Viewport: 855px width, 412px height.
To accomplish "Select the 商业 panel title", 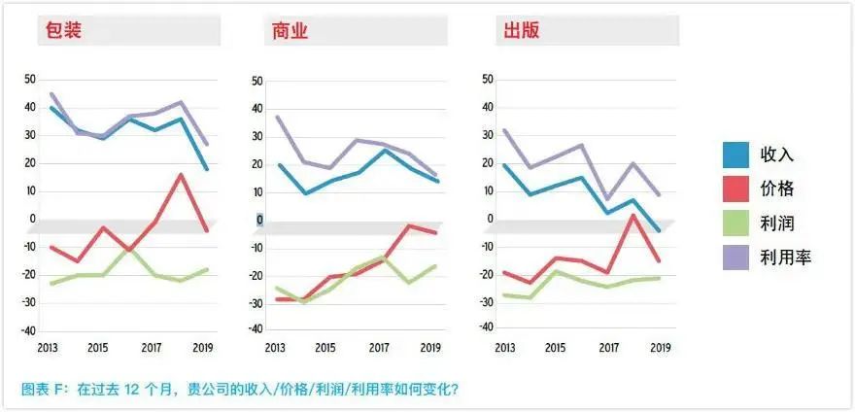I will [x=289, y=30].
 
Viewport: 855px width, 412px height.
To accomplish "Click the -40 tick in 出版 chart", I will [x=488, y=331].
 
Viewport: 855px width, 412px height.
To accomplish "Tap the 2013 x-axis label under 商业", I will [x=275, y=347].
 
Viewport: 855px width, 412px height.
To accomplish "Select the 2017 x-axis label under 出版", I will [x=608, y=347].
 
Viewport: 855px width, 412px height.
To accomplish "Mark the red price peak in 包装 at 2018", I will [x=181, y=175].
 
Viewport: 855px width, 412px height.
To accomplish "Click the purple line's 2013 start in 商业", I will [x=278, y=117].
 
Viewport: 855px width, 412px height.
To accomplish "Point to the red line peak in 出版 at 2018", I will [x=633, y=215].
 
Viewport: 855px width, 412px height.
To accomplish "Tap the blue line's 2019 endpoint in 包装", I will [x=207, y=169].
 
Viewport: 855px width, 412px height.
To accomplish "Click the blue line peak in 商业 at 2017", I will [x=384, y=150].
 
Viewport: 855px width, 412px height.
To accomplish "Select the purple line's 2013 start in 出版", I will [x=504, y=130].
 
